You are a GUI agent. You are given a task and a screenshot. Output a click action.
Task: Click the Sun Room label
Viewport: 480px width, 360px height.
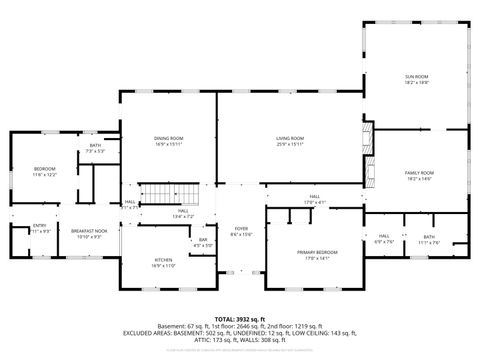[x=416, y=77]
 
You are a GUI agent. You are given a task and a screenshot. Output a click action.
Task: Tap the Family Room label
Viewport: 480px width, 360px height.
[x=418, y=173]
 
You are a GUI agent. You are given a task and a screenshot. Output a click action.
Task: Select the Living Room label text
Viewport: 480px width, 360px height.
[x=290, y=138]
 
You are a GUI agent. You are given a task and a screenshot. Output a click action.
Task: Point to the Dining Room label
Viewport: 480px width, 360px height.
[x=168, y=138]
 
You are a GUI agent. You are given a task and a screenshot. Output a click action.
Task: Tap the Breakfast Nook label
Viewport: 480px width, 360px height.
[x=88, y=231]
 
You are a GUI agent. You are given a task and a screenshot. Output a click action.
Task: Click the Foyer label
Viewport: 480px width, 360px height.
[x=241, y=229]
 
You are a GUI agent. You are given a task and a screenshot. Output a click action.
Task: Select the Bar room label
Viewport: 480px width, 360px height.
[x=203, y=240]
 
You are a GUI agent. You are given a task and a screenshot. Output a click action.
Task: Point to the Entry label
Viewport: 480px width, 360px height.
[x=40, y=226]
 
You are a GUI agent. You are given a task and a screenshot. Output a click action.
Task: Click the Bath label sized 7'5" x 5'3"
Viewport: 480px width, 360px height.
[x=95, y=146]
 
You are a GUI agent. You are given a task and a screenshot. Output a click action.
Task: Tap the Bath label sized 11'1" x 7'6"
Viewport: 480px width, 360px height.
[x=429, y=237]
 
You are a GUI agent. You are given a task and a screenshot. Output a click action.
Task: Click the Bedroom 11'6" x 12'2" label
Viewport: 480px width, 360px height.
[x=44, y=169]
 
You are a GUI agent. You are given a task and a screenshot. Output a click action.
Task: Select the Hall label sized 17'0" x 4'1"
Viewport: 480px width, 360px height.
[x=314, y=196]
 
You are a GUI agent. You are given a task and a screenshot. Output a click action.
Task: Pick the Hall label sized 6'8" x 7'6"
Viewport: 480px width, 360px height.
[x=384, y=237]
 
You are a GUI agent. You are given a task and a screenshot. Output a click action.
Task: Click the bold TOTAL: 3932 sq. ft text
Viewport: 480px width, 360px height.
[x=240, y=318]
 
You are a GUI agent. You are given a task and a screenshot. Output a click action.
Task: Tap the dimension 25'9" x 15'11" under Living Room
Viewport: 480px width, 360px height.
[x=290, y=144]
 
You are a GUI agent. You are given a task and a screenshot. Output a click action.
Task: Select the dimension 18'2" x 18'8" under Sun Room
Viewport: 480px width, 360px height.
[x=416, y=83]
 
